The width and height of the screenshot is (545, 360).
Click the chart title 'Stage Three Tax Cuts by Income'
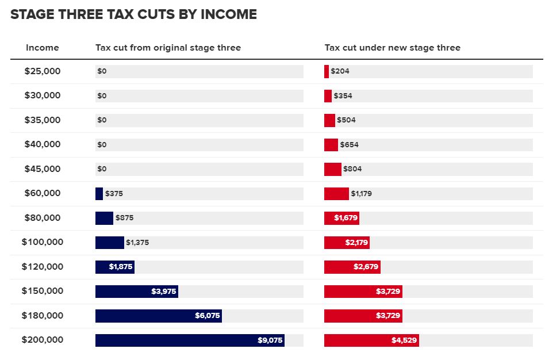(133, 15)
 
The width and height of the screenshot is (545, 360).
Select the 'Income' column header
(43, 48)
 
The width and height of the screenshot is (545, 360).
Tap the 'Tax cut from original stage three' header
(168, 48)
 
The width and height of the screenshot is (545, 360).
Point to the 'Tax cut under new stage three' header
(392, 48)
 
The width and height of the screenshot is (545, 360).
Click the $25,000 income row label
(43, 71)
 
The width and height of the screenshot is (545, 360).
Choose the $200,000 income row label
(43, 340)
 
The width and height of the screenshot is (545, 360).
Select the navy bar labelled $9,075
(190, 340)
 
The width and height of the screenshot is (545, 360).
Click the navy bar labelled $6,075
(158, 316)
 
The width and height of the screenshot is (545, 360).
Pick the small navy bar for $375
(99, 194)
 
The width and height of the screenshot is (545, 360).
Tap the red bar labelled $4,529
(371, 340)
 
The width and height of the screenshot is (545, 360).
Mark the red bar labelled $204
(327, 71)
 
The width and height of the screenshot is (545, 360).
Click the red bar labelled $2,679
(352, 267)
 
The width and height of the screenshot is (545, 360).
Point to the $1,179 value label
(362, 194)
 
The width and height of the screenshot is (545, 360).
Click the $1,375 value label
(137, 243)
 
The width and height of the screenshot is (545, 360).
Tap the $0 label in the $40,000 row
(102, 145)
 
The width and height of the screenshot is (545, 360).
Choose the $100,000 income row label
(43, 242)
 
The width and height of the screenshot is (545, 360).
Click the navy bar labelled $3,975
(136, 292)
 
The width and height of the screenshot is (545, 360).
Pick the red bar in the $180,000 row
(363, 316)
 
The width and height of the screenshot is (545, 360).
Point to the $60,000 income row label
(43, 193)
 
